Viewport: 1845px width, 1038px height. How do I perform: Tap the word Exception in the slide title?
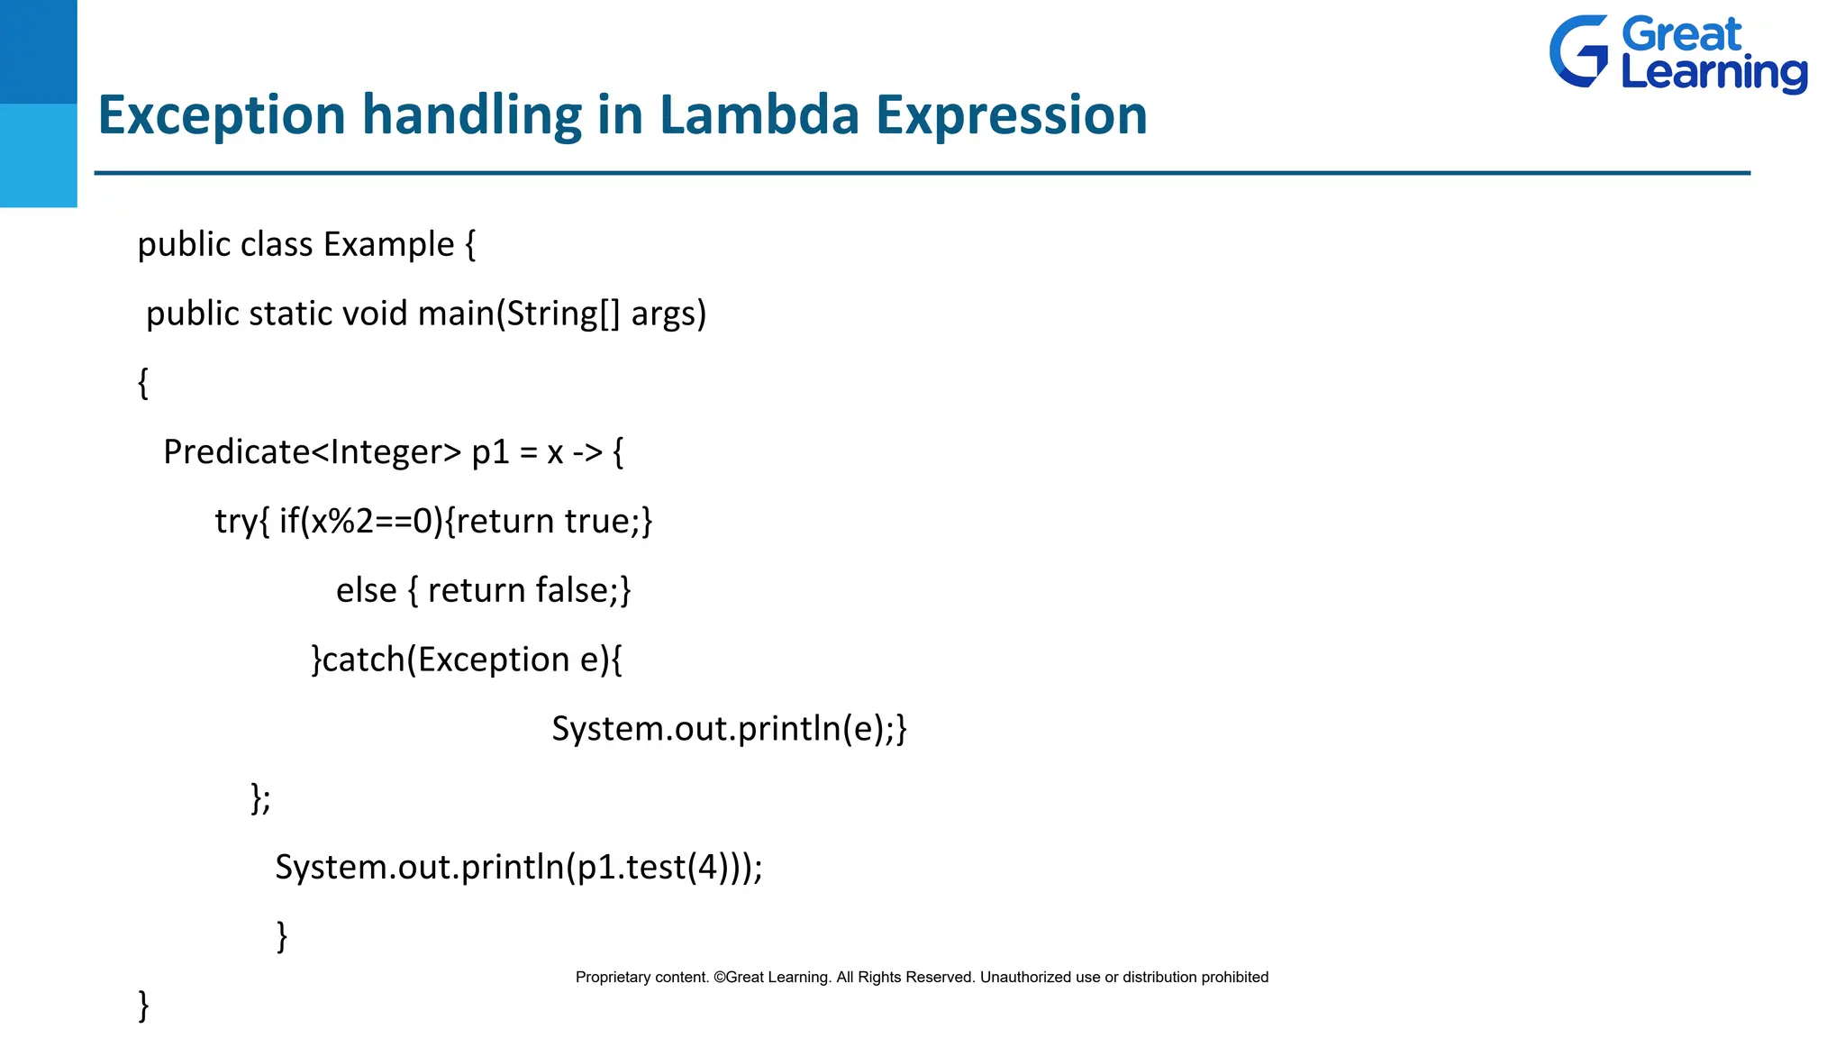(x=221, y=115)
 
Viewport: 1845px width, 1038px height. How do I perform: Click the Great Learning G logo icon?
(x=1579, y=51)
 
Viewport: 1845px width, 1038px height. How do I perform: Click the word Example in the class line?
(x=388, y=245)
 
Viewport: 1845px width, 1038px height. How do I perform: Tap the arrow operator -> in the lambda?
(x=587, y=452)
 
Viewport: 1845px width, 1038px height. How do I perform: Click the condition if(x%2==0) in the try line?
(x=360, y=522)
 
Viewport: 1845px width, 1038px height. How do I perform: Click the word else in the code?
(x=366, y=591)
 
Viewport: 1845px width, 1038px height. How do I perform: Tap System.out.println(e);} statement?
(x=729, y=729)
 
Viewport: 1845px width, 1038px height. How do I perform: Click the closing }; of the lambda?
(x=260, y=798)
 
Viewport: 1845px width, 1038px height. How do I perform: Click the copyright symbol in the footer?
(x=719, y=978)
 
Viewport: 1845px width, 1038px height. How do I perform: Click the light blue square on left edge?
(x=38, y=155)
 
